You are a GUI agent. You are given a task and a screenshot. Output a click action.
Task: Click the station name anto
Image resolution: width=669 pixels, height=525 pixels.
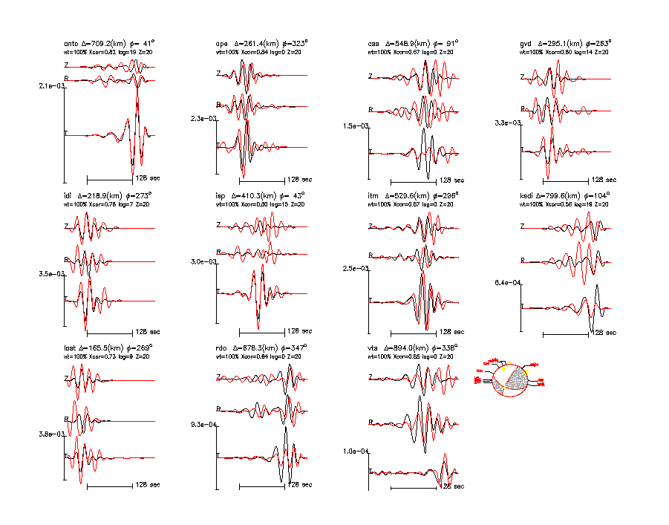click(71, 43)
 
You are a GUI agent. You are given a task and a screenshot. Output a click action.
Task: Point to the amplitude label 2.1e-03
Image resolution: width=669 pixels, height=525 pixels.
click(51, 86)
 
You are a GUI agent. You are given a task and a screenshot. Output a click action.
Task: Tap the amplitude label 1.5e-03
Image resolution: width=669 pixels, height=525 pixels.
click(354, 126)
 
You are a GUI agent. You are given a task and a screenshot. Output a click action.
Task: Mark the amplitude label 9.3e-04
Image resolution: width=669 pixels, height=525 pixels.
click(203, 424)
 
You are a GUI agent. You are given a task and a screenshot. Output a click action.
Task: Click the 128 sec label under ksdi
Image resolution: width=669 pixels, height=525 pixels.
click(603, 333)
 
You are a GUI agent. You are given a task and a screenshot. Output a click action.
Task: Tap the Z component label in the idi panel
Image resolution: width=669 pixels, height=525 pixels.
click(66, 225)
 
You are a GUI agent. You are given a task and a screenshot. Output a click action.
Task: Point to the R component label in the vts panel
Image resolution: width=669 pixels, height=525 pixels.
click(371, 423)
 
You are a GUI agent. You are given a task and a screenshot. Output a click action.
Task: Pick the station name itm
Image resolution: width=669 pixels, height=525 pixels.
click(373, 195)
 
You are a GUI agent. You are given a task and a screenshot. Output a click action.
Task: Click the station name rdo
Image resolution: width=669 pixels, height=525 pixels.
click(221, 348)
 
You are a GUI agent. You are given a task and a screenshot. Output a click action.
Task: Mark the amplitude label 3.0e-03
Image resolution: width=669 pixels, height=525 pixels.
click(203, 261)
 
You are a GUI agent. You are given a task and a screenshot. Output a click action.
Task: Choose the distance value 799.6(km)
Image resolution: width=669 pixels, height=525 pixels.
click(562, 195)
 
